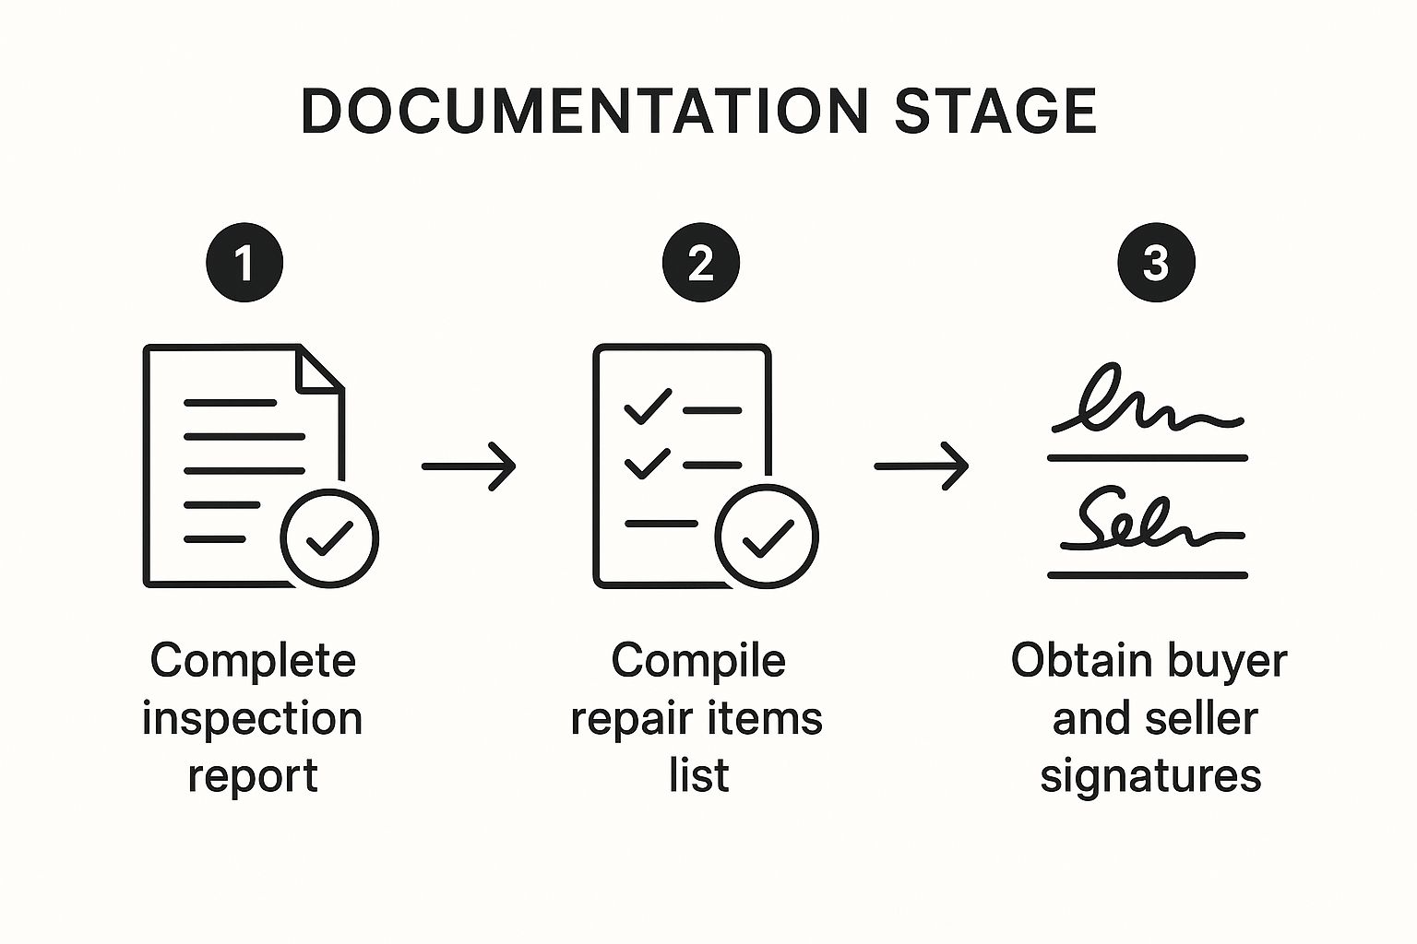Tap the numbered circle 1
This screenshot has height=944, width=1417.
click(x=244, y=264)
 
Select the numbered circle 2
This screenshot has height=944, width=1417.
click(x=701, y=264)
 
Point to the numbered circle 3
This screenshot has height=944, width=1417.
click(x=1156, y=264)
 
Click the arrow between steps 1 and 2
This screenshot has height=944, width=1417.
click(x=469, y=466)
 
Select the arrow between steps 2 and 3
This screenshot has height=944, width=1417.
click(x=922, y=466)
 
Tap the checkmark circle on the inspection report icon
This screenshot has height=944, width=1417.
click(x=329, y=538)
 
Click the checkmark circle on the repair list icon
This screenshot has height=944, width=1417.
click(x=767, y=537)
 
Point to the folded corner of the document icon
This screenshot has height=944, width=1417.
click(x=318, y=370)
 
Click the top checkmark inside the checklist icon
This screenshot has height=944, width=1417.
click(x=648, y=407)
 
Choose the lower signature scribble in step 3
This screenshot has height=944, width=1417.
click(x=1149, y=523)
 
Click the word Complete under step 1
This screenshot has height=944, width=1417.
click(x=253, y=661)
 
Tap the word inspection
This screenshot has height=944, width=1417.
click(x=252, y=719)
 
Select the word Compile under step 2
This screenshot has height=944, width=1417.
click(x=698, y=661)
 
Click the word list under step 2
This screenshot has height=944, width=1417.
click(x=698, y=775)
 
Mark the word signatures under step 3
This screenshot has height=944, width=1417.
click(x=1150, y=776)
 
